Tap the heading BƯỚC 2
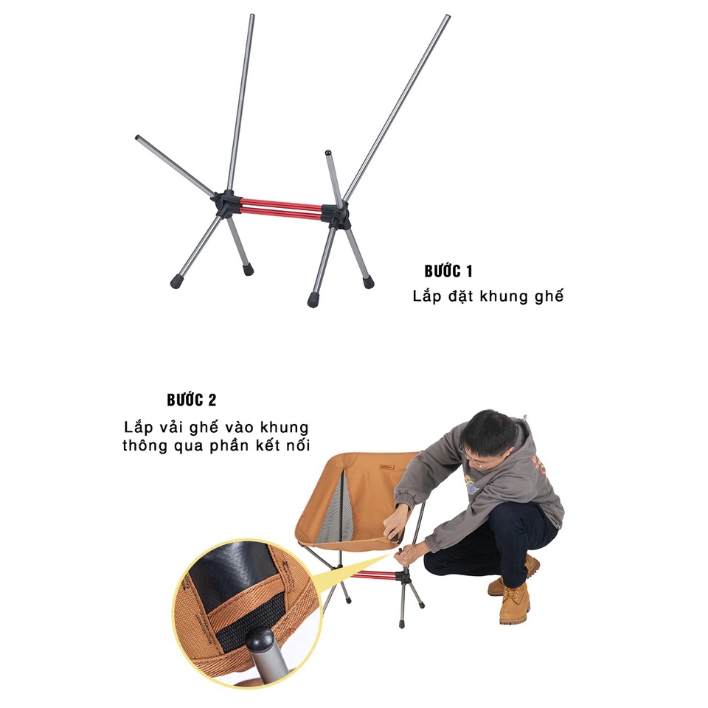tap(192, 400)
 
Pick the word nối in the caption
tap(298, 446)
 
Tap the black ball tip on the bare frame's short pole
tap(328, 153)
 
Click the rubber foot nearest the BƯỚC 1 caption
tap(369, 282)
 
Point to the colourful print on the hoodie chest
tap(473, 483)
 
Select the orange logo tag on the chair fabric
tap(388, 466)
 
